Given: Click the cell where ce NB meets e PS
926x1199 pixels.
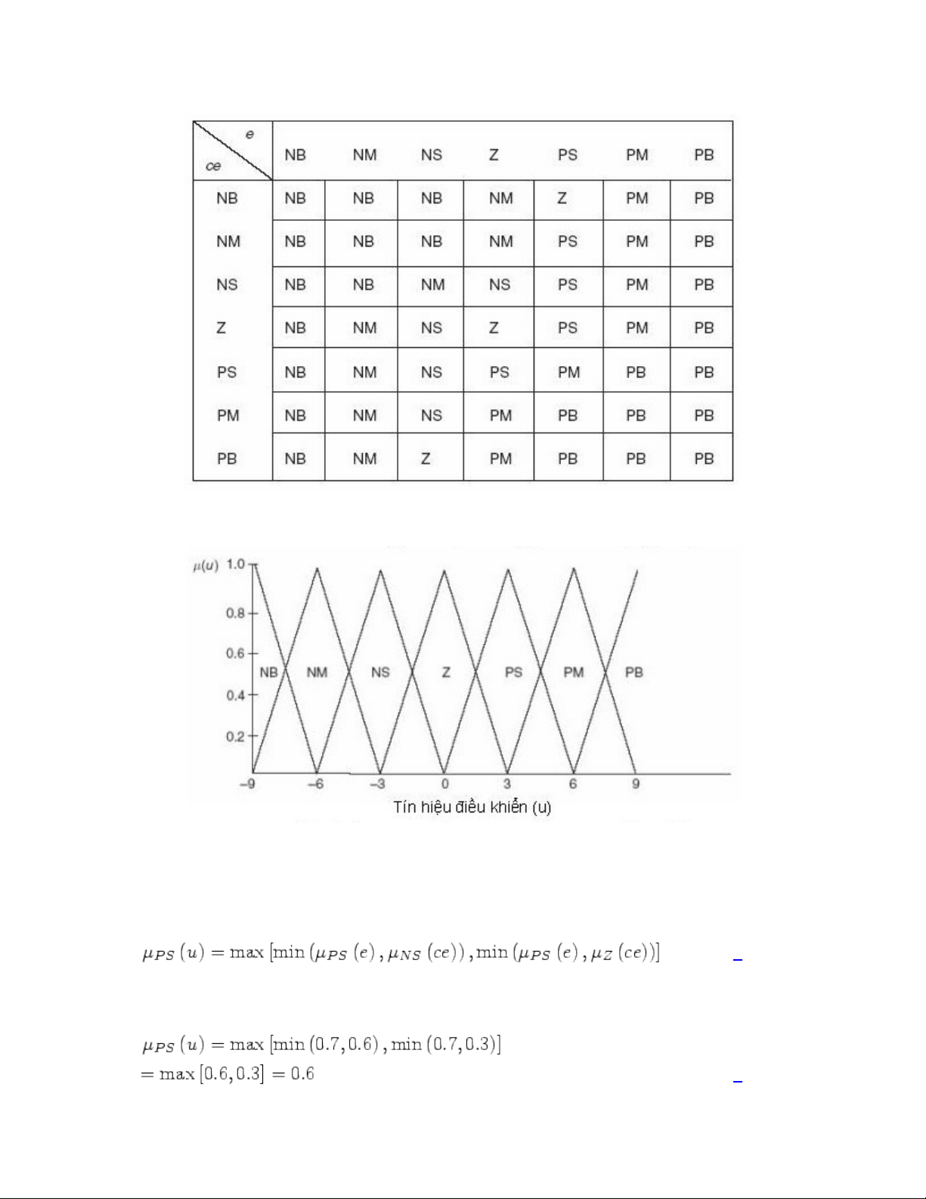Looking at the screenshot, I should pyautogui.click(x=562, y=198).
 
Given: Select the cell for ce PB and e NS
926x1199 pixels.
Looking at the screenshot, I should pyautogui.click(x=426, y=458).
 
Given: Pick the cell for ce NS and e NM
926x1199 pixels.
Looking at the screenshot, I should pyautogui.click(x=363, y=285).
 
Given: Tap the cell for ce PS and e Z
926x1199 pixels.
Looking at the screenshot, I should pyautogui.click(x=499, y=372).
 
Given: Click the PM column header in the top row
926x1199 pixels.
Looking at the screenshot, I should pyautogui.click(x=636, y=155).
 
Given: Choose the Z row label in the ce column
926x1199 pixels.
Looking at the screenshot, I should pyautogui.click(x=221, y=328).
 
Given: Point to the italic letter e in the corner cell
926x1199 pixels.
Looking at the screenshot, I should pyautogui.click(x=249, y=135).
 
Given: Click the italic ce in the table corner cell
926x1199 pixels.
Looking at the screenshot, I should pyautogui.click(x=213, y=166).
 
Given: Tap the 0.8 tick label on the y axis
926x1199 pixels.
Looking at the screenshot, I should pyautogui.click(x=236, y=613).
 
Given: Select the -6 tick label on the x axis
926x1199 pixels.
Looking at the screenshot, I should pyautogui.click(x=316, y=784).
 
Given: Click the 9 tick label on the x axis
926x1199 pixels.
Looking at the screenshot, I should pyautogui.click(x=636, y=784).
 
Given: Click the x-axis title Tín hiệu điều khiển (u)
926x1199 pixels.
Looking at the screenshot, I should pyautogui.click(x=472, y=807).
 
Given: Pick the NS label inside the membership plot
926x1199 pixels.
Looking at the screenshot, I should pyautogui.click(x=380, y=672).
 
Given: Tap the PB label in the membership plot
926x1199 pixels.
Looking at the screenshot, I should pyautogui.click(x=634, y=672).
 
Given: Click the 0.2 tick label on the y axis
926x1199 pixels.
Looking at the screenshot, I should pyautogui.click(x=236, y=736).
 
